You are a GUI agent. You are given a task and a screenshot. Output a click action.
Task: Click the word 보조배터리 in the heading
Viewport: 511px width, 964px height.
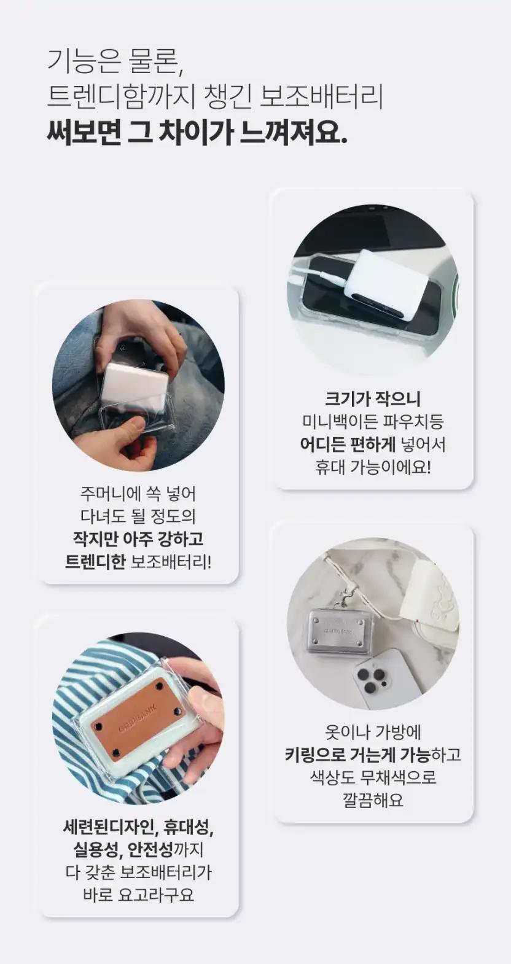(x=322, y=97)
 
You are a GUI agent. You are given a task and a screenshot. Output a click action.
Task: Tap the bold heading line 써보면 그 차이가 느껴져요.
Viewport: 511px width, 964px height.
(x=197, y=133)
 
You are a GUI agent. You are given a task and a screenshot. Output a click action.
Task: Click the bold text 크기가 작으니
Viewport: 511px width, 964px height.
(x=373, y=399)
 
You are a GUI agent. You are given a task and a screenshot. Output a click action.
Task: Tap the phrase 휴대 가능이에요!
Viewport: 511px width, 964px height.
(x=373, y=467)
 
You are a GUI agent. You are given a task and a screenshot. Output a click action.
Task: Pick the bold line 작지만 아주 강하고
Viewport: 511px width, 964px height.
(x=138, y=538)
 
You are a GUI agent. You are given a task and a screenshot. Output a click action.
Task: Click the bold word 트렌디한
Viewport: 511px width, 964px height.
(x=95, y=561)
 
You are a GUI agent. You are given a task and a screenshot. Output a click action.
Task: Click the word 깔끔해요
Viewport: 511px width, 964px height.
(x=373, y=799)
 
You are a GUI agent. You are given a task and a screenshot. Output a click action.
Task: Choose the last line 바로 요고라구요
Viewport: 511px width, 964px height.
(x=138, y=893)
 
